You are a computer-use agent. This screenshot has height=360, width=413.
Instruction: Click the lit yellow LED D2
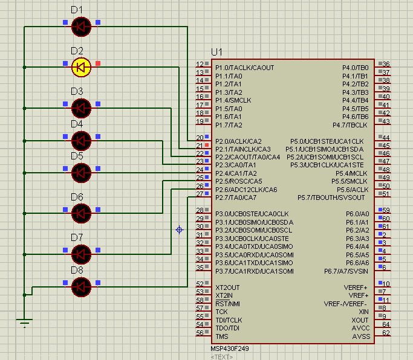pyautogui.click(x=81, y=66)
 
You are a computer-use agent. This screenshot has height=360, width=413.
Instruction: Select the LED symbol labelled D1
pyautogui.click(x=81, y=26)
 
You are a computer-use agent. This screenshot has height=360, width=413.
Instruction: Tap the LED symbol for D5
pyautogui.click(x=81, y=173)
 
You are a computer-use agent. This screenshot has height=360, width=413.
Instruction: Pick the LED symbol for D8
pyautogui.click(x=81, y=286)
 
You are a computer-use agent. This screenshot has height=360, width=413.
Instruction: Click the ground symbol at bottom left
pyautogui.click(x=24, y=323)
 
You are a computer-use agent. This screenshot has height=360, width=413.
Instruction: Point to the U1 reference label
pyautogui.click(x=216, y=52)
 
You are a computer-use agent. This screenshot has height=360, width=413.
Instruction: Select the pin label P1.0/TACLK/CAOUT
pyautogui.click(x=244, y=68)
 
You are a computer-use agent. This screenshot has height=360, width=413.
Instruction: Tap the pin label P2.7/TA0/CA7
pyautogui.click(x=236, y=198)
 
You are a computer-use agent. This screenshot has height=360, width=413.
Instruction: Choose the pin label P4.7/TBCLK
pyautogui.click(x=350, y=125)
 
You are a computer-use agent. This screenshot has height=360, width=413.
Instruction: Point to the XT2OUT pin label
pyautogui.click(x=227, y=288)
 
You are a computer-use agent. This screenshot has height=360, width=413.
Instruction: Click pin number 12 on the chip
pyautogui.click(x=199, y=64)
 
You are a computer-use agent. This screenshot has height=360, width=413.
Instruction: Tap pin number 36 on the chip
pyautogui.click(x=386, y=64)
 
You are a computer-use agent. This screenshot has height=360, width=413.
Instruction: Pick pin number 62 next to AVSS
pyautogui.click(x=386, y=333)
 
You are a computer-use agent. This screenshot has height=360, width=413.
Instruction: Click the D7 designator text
pyautogui.click(x=77, y=237)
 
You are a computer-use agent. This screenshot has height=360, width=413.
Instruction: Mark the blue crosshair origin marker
pyautogui.click(x=179, y=230)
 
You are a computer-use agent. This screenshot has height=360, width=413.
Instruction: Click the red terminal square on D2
pyautogui.click(x=98, y=63)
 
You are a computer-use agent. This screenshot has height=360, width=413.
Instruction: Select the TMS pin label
pyautogui.click(x=222, y=336)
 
